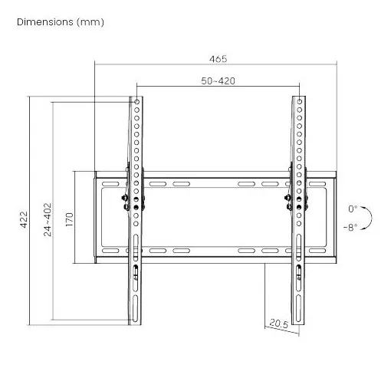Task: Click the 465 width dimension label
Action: [x=218, y=59]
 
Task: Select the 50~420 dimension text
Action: [x=218, y=81]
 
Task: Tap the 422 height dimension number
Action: [x=24, y=219]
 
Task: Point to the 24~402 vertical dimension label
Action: [x=48, y=220]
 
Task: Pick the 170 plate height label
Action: [x=69, y=219]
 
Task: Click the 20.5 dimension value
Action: [x=279, y=324]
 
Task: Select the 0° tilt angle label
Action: [x=353, y=209]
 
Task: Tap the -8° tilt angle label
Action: [x=350, y=227]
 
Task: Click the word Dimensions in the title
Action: [x=45, y=22]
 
